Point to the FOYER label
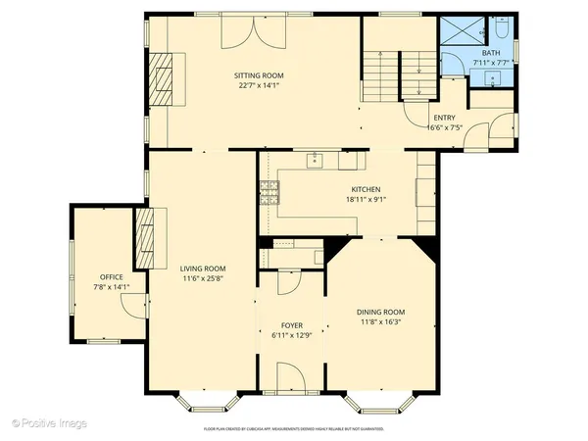[x=292, y=324]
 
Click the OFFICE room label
[x=111, y=277]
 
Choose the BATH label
[x=490, y=54]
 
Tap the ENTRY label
[x=443, y=118]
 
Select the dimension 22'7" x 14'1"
[x=259, y=85]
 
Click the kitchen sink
[x=316, y=160]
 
